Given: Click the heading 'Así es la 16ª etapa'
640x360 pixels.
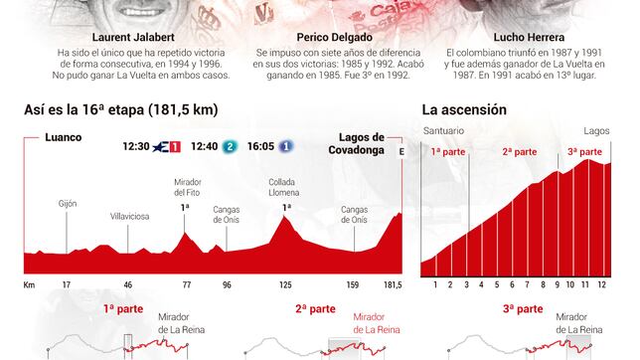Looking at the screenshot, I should [120, 109].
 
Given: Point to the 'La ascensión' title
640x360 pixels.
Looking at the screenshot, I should [464, 109].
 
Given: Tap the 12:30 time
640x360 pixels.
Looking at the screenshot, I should [135, 147].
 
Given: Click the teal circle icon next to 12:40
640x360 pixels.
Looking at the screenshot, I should [230, 147].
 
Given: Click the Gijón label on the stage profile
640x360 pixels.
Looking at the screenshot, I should [68, 203].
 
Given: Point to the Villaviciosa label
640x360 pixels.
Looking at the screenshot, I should [128, 214].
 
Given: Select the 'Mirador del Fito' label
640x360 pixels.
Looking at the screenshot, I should [187, 188].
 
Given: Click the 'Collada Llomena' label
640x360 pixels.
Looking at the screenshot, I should [286, 188].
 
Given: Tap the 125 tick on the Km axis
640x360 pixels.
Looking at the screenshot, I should [285, 285].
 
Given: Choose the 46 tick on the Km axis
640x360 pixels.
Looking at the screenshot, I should [127, 285].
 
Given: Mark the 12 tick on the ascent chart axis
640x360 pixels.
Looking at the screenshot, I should [602, 285].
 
